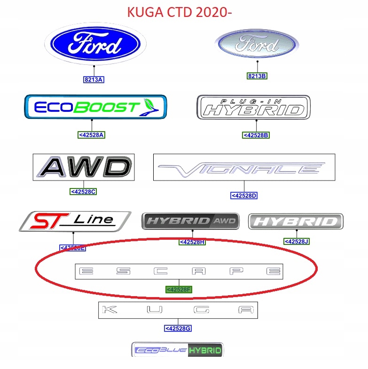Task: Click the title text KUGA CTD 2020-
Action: coord(180,12)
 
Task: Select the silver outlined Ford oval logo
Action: coord(257,45)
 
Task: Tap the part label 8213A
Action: coord(94,80)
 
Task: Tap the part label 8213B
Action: coord(257,76)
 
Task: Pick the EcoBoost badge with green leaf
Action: coord(95,107)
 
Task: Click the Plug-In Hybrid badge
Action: coord(253,108)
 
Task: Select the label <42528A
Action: coord(92,135)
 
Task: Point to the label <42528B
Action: coord(256,135)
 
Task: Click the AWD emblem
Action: coord(84,167)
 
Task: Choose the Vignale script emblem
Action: coord(244,168)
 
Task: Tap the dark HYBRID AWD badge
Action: coord(190,221)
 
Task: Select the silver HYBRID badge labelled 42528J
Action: coord(296,221)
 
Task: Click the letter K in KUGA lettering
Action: coord(109,310)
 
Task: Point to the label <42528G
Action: coord(178,328)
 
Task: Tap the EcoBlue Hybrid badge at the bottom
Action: coord(178,350)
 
